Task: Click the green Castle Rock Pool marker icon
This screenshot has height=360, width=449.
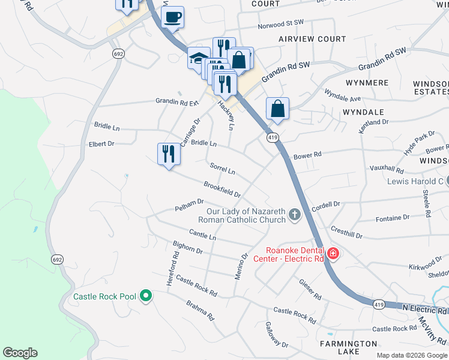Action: (145, 296)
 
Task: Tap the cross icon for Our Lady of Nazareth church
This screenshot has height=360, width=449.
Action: (294, 214)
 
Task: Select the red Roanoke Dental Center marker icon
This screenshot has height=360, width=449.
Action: (333, 254)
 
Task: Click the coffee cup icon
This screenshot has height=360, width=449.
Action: (173, 17)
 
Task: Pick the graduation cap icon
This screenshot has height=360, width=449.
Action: (199, 58)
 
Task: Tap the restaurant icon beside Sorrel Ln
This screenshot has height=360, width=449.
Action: (169, 154)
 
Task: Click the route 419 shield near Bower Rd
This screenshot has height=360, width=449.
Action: (273, 137)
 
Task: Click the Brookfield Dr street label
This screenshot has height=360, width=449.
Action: (222, 190)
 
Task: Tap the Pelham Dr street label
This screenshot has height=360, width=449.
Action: (190, 205)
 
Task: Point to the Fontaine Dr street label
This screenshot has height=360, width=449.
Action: (392, 219)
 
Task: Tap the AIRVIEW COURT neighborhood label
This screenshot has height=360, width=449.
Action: (312, 39)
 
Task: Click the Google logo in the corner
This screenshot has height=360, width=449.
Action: (20, 353)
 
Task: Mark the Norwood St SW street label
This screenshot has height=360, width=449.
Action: (281, 25)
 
